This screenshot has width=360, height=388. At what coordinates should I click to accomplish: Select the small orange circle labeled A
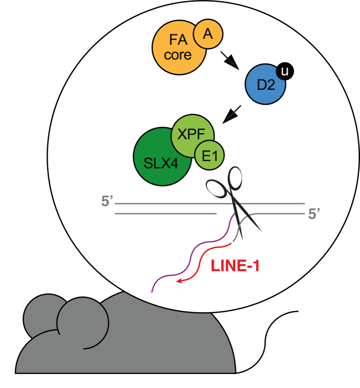(208, 34)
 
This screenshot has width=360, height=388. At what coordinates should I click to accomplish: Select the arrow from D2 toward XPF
(232, 115)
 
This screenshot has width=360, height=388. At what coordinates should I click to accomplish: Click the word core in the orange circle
(177, 55)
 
